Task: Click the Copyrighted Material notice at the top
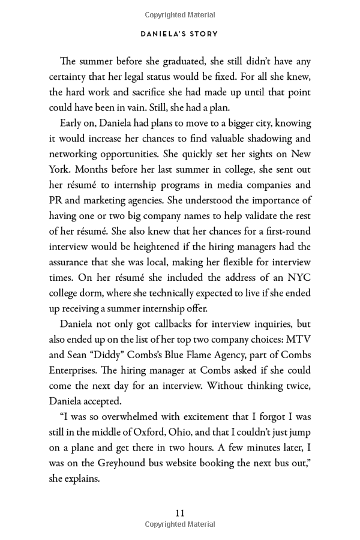(179, 15)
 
